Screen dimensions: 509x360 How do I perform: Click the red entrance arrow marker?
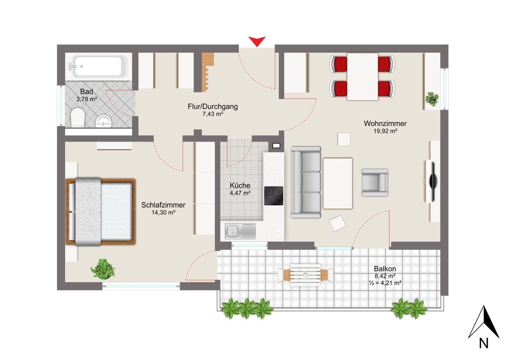pos(257,41)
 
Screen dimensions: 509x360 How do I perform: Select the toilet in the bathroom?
pos(77,117)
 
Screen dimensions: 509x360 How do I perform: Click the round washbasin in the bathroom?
pos(103,121)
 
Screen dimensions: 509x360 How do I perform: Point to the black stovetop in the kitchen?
pos(274,196)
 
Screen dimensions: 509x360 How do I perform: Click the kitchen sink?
pos(240,231)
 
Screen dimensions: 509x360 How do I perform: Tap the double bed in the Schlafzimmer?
pos(100,212)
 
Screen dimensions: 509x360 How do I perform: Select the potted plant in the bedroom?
pos(103,269)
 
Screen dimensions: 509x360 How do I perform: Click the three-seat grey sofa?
pos(306,182)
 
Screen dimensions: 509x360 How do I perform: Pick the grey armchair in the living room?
pos(375,182)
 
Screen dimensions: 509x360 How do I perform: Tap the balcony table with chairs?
pos(305,275)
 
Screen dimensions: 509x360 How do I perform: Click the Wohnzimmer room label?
pos(385,123)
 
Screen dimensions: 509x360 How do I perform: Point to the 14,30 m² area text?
pos(163,213)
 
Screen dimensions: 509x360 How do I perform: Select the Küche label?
pos(240,185)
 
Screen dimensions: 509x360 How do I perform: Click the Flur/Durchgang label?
pos(213,106)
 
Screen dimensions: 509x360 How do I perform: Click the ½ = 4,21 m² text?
pos(385,283)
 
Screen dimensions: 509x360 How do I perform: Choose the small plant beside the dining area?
pos(432,99)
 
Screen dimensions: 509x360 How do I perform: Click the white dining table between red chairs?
pos(362,77)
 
